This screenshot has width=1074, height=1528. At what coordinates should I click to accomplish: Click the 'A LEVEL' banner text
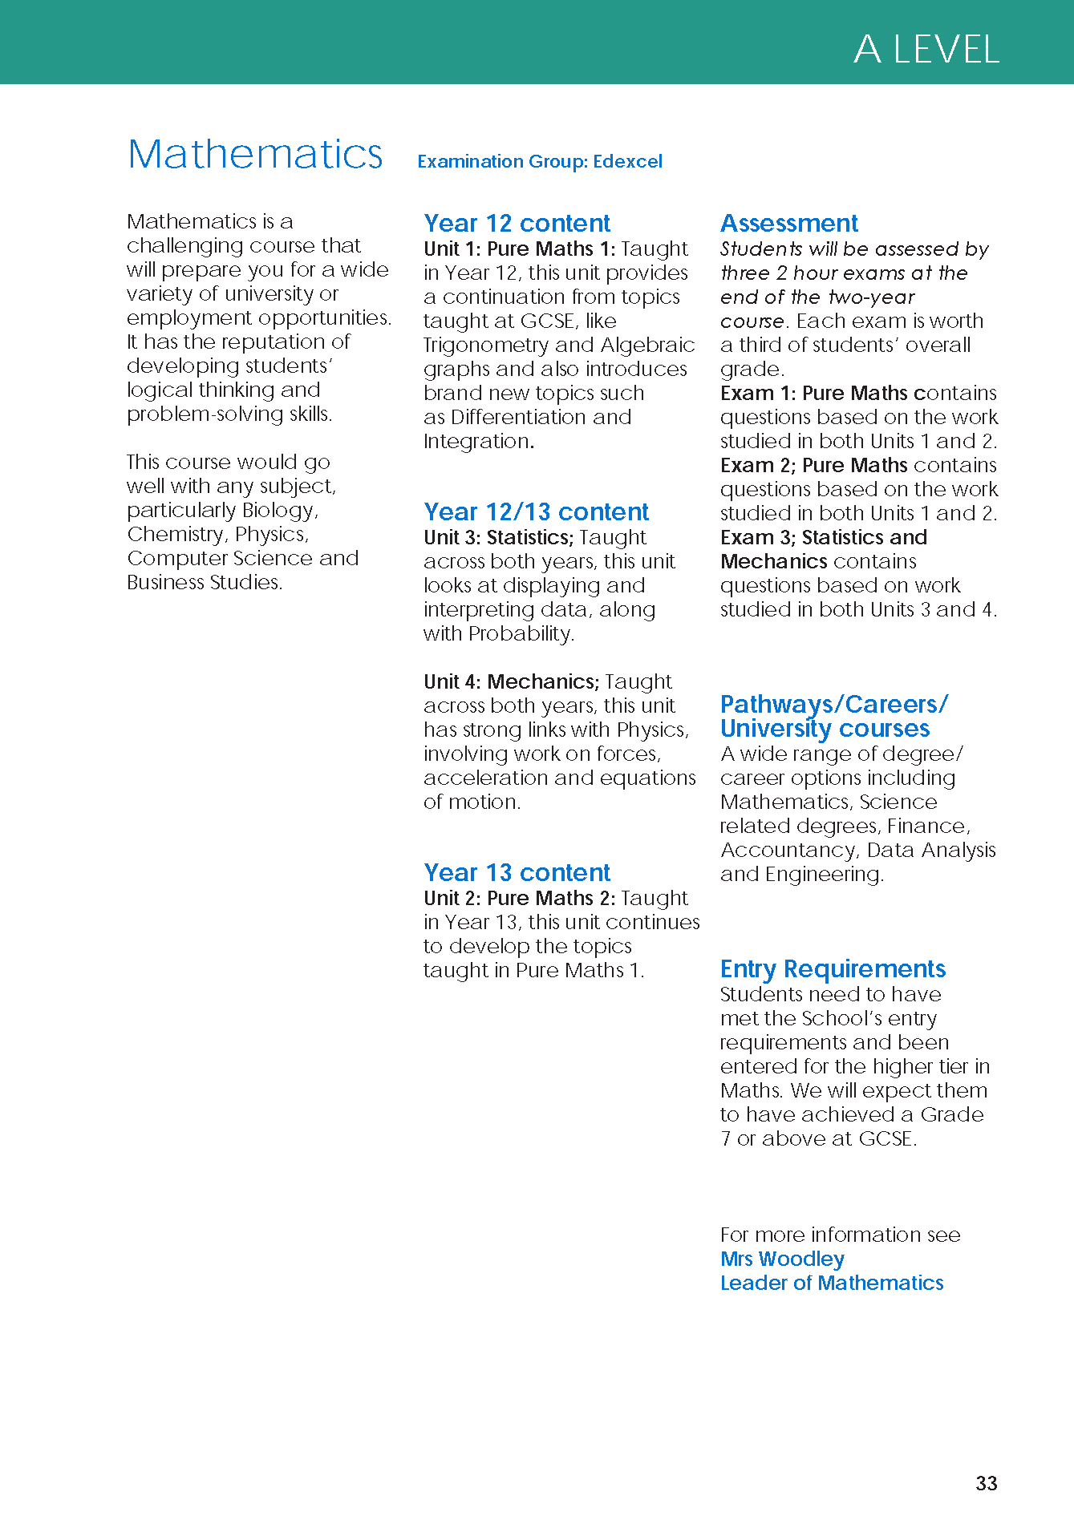(x=926, y=50)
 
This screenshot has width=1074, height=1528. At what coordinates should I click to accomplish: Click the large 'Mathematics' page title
(x=255, y=154)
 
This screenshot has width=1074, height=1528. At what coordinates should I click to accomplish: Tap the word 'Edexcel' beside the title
(x=627, y=161)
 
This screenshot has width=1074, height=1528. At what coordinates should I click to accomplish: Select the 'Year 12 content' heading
(x=517, y=223)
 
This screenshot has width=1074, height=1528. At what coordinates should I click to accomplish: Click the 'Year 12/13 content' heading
(x=536, y=511)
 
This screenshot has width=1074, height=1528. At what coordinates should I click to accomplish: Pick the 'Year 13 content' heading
(x=517, y=872)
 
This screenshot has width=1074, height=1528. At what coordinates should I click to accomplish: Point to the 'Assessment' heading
(x=788, y=223)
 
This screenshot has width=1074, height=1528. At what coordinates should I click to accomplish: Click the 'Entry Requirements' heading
(x=833, y=968)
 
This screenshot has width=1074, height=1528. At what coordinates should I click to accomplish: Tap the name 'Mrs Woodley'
(x=782, y=1259)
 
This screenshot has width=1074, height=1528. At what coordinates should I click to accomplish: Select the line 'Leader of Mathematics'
(x=832, y=1283)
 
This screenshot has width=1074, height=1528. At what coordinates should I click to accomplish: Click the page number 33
(x=986, y=1483)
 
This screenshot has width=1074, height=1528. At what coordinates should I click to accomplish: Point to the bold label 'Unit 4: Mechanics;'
(x=511, y=681)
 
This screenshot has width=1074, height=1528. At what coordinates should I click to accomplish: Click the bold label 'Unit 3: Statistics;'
(x=498, y=537)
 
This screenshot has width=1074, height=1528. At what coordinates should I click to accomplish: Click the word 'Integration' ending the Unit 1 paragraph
(x=477, y=441)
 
